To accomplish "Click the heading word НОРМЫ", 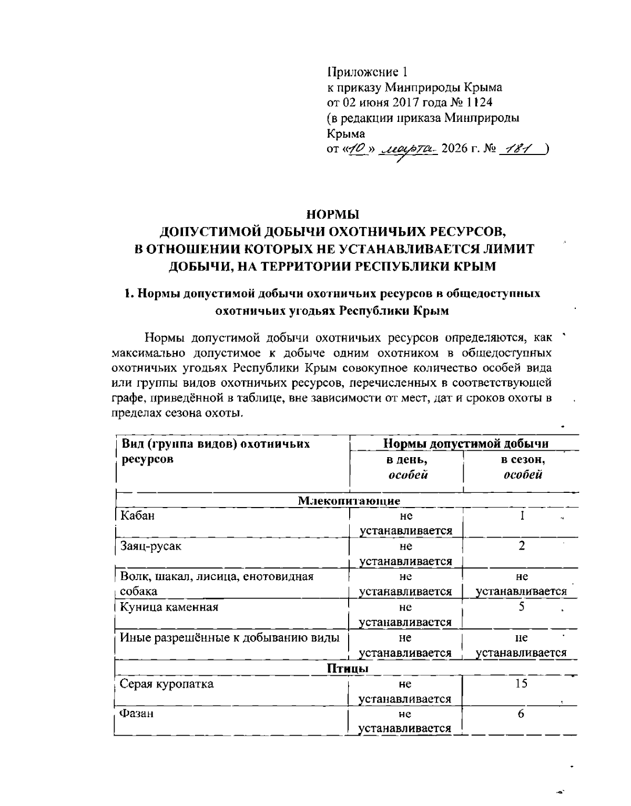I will (x=332, y=214).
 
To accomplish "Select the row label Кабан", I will (x=137, y=515).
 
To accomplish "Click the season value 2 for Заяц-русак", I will (x=521, y=546).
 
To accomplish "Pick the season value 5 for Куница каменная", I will (x=521, y=607).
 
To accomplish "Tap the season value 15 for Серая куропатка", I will (x=521, y=684).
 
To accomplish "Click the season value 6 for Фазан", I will (x=521, y=714).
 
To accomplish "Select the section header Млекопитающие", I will (x=349, y=500).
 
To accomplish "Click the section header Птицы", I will (x=348, y=669).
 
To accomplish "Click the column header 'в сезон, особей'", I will (x=522, y=467).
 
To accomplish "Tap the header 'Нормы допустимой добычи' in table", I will (x=466, y=444).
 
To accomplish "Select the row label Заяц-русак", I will (x=150, y=546).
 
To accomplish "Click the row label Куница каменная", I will (x=169, y=607).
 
